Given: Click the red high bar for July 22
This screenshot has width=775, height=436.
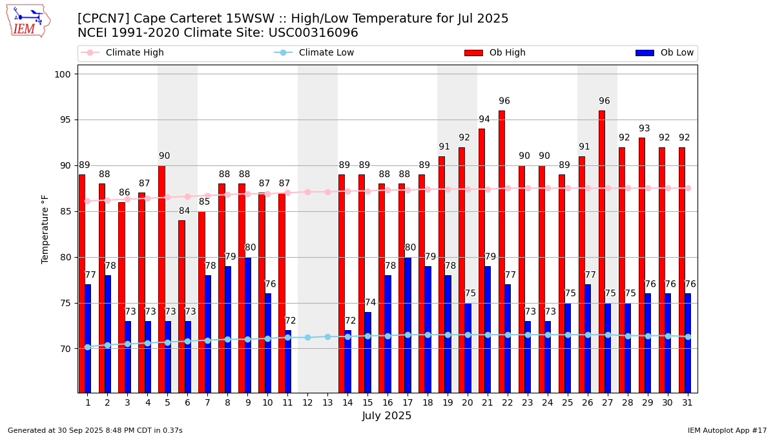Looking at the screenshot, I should (501, 252).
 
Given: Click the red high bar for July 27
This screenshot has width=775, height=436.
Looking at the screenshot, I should (601, 252).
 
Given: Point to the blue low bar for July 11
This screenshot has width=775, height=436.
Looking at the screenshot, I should (287, 362).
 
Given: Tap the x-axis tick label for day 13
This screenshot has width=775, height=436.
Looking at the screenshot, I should (327, 402).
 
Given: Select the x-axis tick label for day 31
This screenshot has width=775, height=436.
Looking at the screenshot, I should (688, 402).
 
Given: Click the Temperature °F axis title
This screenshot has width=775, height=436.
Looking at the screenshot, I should (45, 229).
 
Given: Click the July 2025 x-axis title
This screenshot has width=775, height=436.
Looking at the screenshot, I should (387, 416).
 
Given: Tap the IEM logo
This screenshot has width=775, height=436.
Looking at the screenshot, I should (28, 21).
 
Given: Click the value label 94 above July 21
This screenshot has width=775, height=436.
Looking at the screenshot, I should (484, 119).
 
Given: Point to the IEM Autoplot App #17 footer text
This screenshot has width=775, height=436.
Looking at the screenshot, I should (727, 430).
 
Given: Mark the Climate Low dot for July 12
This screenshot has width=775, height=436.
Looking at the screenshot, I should (307, 337).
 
